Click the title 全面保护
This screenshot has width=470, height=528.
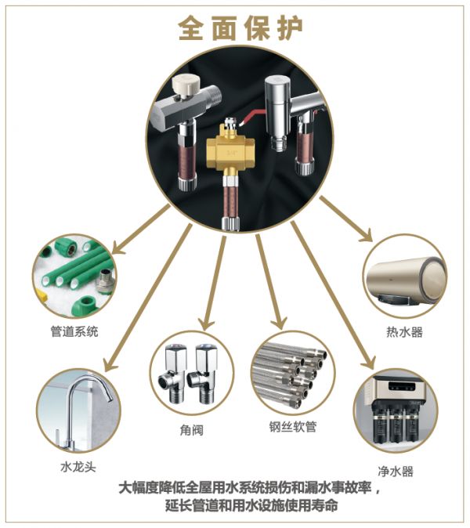tap(240, 28)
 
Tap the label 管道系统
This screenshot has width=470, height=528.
tap(74, 331)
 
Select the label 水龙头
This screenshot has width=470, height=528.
tap(78, 467)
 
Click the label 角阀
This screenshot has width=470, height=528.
tap(192, 429)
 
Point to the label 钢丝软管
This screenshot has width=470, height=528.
tap(293, 427)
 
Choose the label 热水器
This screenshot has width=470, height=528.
tap(404, 332)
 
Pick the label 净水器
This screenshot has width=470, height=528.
tap(396, 471)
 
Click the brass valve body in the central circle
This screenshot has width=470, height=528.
tap(230, 151)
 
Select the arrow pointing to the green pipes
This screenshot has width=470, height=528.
tap(140, 230)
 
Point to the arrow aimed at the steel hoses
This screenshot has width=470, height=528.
tap(271, 281)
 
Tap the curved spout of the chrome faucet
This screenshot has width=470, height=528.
tap(90, 385)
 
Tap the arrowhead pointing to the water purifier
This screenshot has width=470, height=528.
tap(369, 362)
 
